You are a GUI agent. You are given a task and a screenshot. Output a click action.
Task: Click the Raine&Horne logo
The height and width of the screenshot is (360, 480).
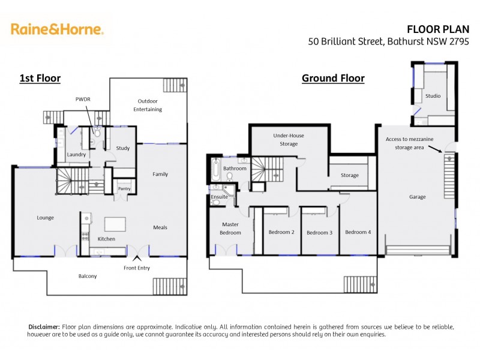pos(57,29)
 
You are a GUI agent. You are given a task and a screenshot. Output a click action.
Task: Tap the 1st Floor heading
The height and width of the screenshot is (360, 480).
pos(40,78)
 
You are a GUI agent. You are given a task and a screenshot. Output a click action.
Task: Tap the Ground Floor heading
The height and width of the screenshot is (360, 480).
pos(333,78)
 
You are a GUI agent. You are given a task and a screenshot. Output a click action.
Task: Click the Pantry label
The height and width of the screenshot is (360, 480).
pos(124,189)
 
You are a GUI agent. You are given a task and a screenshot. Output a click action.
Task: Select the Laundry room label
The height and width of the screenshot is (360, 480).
pos(77,155)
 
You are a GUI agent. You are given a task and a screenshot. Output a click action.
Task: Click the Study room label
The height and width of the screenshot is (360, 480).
pos(123,148)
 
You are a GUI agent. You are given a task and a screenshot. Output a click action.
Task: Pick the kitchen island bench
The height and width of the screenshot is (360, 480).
pos(117,224)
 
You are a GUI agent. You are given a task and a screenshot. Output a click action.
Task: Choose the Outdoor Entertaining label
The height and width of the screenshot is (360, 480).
pos(146,105)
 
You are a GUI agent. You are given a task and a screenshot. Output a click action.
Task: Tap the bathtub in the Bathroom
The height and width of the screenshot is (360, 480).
pos(215,170)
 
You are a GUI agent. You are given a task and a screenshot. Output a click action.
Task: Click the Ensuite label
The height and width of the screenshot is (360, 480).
pos(219,196)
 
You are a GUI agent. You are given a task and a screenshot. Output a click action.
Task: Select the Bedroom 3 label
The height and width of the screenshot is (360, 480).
pos(319,233)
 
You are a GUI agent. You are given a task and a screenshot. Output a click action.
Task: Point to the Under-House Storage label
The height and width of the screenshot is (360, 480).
pos(289,140)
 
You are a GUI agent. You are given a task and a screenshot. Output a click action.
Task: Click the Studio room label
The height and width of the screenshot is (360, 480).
pos(433,96)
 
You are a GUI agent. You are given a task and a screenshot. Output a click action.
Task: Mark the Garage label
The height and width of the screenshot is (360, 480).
pos(417,197)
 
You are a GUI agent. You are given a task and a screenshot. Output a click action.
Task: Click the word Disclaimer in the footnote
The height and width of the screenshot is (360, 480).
pos(44,326)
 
